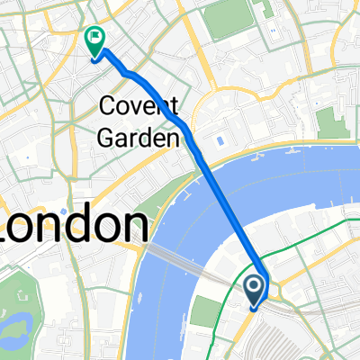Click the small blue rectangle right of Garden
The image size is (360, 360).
(220, 141)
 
